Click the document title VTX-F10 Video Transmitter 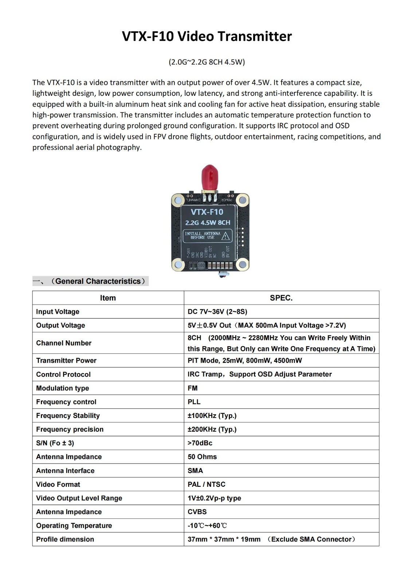click(x=207, y=36)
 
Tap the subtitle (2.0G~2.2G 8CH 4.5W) click(x=207, y=62)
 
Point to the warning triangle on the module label click(x=226, y=236)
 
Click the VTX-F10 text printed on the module click(x=207, y=212)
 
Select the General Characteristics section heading click(x=97, y=281)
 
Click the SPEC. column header click(x=281, y=298)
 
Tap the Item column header click(x=108, y=298)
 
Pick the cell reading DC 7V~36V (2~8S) click(x=217, y=312)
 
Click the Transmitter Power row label click(x=66, y=360)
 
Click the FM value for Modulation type click(x=192, y=388)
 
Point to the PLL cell click(x=194, y=402)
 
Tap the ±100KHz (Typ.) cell click(x=212, y=416)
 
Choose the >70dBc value click(x=200, y=443)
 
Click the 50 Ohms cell click(x=202, y=457)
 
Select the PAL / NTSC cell click(x=206, y=484)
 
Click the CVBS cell click(x=197, y=512)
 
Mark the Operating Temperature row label click(x=74, y=525)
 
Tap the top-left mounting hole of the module click(x=178, y=200)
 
